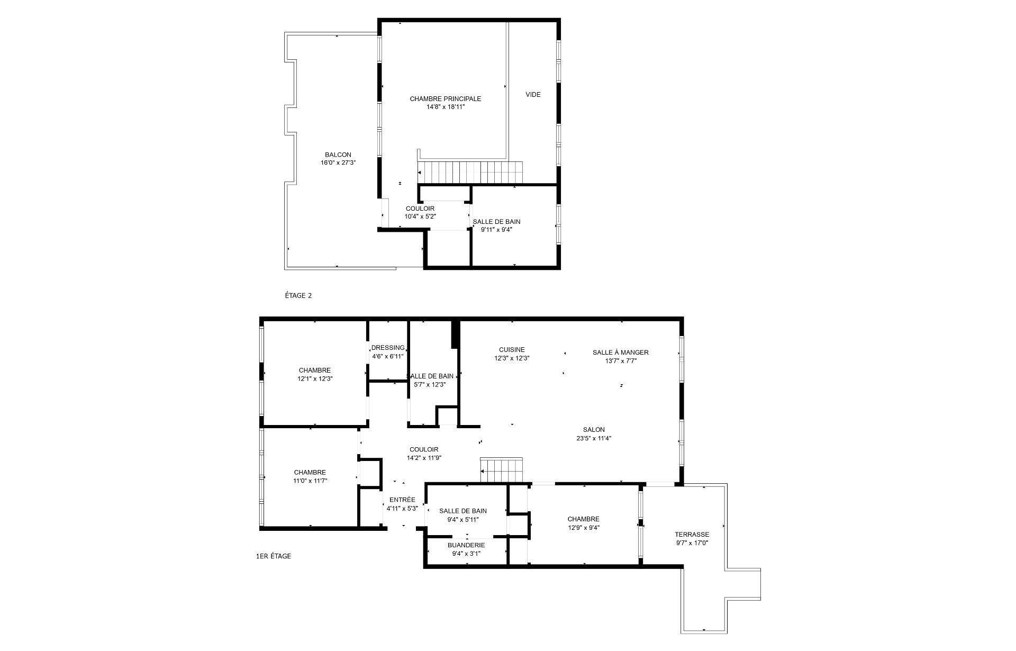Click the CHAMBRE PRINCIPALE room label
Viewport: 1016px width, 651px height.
click(445, 98)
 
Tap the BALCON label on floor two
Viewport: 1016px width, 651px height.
click(338, 155)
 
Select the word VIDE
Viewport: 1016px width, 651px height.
click(533, 95)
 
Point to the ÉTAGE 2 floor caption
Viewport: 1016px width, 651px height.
click(298, 295)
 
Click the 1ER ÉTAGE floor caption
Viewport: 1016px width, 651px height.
click(273, 556)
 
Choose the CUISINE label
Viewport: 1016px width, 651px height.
click(512, 349)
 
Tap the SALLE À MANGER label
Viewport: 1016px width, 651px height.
click(620, 352)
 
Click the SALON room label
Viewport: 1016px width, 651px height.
click(594, 430)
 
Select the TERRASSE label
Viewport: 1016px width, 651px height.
click(692, 535)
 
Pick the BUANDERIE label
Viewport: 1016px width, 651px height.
click(466, 545)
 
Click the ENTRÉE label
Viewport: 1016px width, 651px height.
click(402, 500)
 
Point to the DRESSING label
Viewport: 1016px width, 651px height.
click(388, 348)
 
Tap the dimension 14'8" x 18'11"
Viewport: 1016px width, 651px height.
click(445, 106)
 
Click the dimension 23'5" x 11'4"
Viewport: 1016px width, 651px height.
click(594, 438)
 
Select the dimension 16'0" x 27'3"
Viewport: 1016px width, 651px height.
click(338, 163)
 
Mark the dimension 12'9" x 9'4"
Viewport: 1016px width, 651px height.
click(583, 527)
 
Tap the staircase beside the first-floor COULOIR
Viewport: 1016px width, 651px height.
click(501, 470)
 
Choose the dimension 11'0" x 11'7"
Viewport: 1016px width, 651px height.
click(310, 481)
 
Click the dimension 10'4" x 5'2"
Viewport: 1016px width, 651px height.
click(420, 216)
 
